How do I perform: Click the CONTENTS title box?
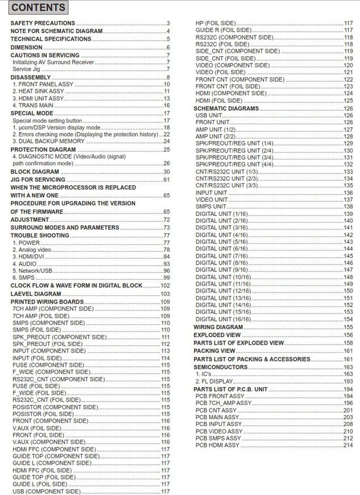tap(39, 8)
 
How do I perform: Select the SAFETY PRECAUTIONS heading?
tap(43, 23)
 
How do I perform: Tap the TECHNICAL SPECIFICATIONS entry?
tap(51, 39)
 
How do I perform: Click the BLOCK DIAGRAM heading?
tap(34, 172)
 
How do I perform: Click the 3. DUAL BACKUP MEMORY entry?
tap(49, 141)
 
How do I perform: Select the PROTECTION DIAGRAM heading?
tap(44, 150)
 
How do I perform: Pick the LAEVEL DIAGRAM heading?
tap(36, 294)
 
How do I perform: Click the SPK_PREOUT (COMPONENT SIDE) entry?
tap(60, 337)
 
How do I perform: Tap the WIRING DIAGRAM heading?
tap(218, 327)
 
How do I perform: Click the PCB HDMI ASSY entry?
tap(218, 445)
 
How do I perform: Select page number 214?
tap(348, 445)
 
